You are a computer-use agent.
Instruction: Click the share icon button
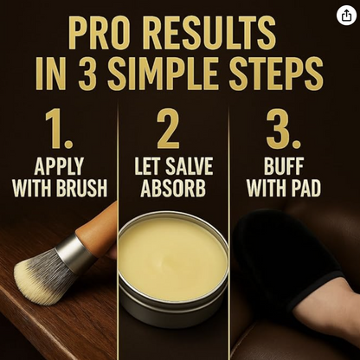point(346,16)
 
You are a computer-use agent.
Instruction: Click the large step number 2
point(168,130)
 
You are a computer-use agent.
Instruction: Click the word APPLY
point(59,166)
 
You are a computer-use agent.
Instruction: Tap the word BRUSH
point(81,188)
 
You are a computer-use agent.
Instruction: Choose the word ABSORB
point(173,188)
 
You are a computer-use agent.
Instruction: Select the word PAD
point(306,188)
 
